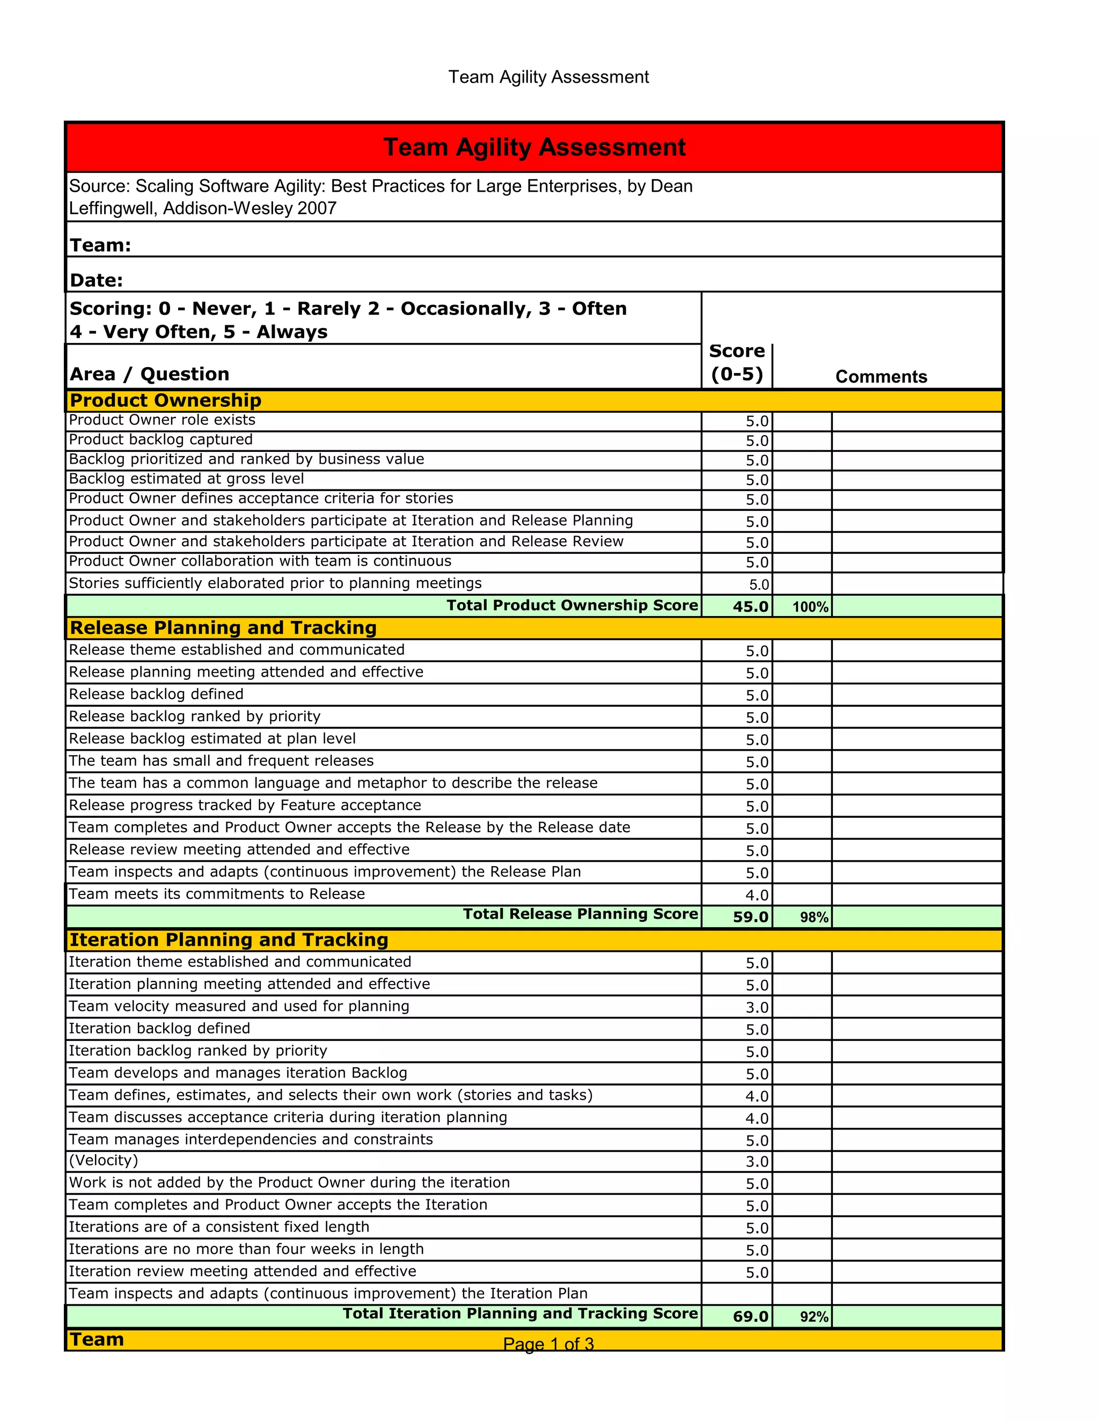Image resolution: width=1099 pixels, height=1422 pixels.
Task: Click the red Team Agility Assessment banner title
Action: coord(534,147)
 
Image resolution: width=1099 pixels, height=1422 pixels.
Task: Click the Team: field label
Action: coord(100,245)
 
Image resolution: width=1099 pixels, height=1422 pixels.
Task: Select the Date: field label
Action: coord(97,281)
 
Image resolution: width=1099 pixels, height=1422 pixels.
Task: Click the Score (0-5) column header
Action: coord(736,363)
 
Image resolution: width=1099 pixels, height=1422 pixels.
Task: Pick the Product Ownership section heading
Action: coord(165,400)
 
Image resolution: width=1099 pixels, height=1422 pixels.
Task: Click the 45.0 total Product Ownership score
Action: coord(750,606)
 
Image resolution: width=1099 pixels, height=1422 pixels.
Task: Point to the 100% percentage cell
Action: coord(810,607)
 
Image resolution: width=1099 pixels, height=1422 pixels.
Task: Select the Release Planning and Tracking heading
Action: coord(223,628)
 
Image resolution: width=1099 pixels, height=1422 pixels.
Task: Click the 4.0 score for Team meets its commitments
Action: coord(757,895)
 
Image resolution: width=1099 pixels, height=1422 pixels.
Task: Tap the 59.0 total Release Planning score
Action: coord(750,917)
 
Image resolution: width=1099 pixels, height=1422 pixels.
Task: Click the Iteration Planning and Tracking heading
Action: coord(229,940)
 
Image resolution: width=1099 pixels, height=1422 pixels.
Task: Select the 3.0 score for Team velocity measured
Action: coord(757,1007)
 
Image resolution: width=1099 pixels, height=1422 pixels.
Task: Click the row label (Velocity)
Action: coord(104,1160)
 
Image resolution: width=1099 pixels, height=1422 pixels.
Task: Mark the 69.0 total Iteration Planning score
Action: coord(750,1316)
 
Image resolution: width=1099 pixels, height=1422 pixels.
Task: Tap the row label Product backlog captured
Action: coord(161,439)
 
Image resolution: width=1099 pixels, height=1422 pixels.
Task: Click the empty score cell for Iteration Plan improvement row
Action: coord(736,1294)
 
